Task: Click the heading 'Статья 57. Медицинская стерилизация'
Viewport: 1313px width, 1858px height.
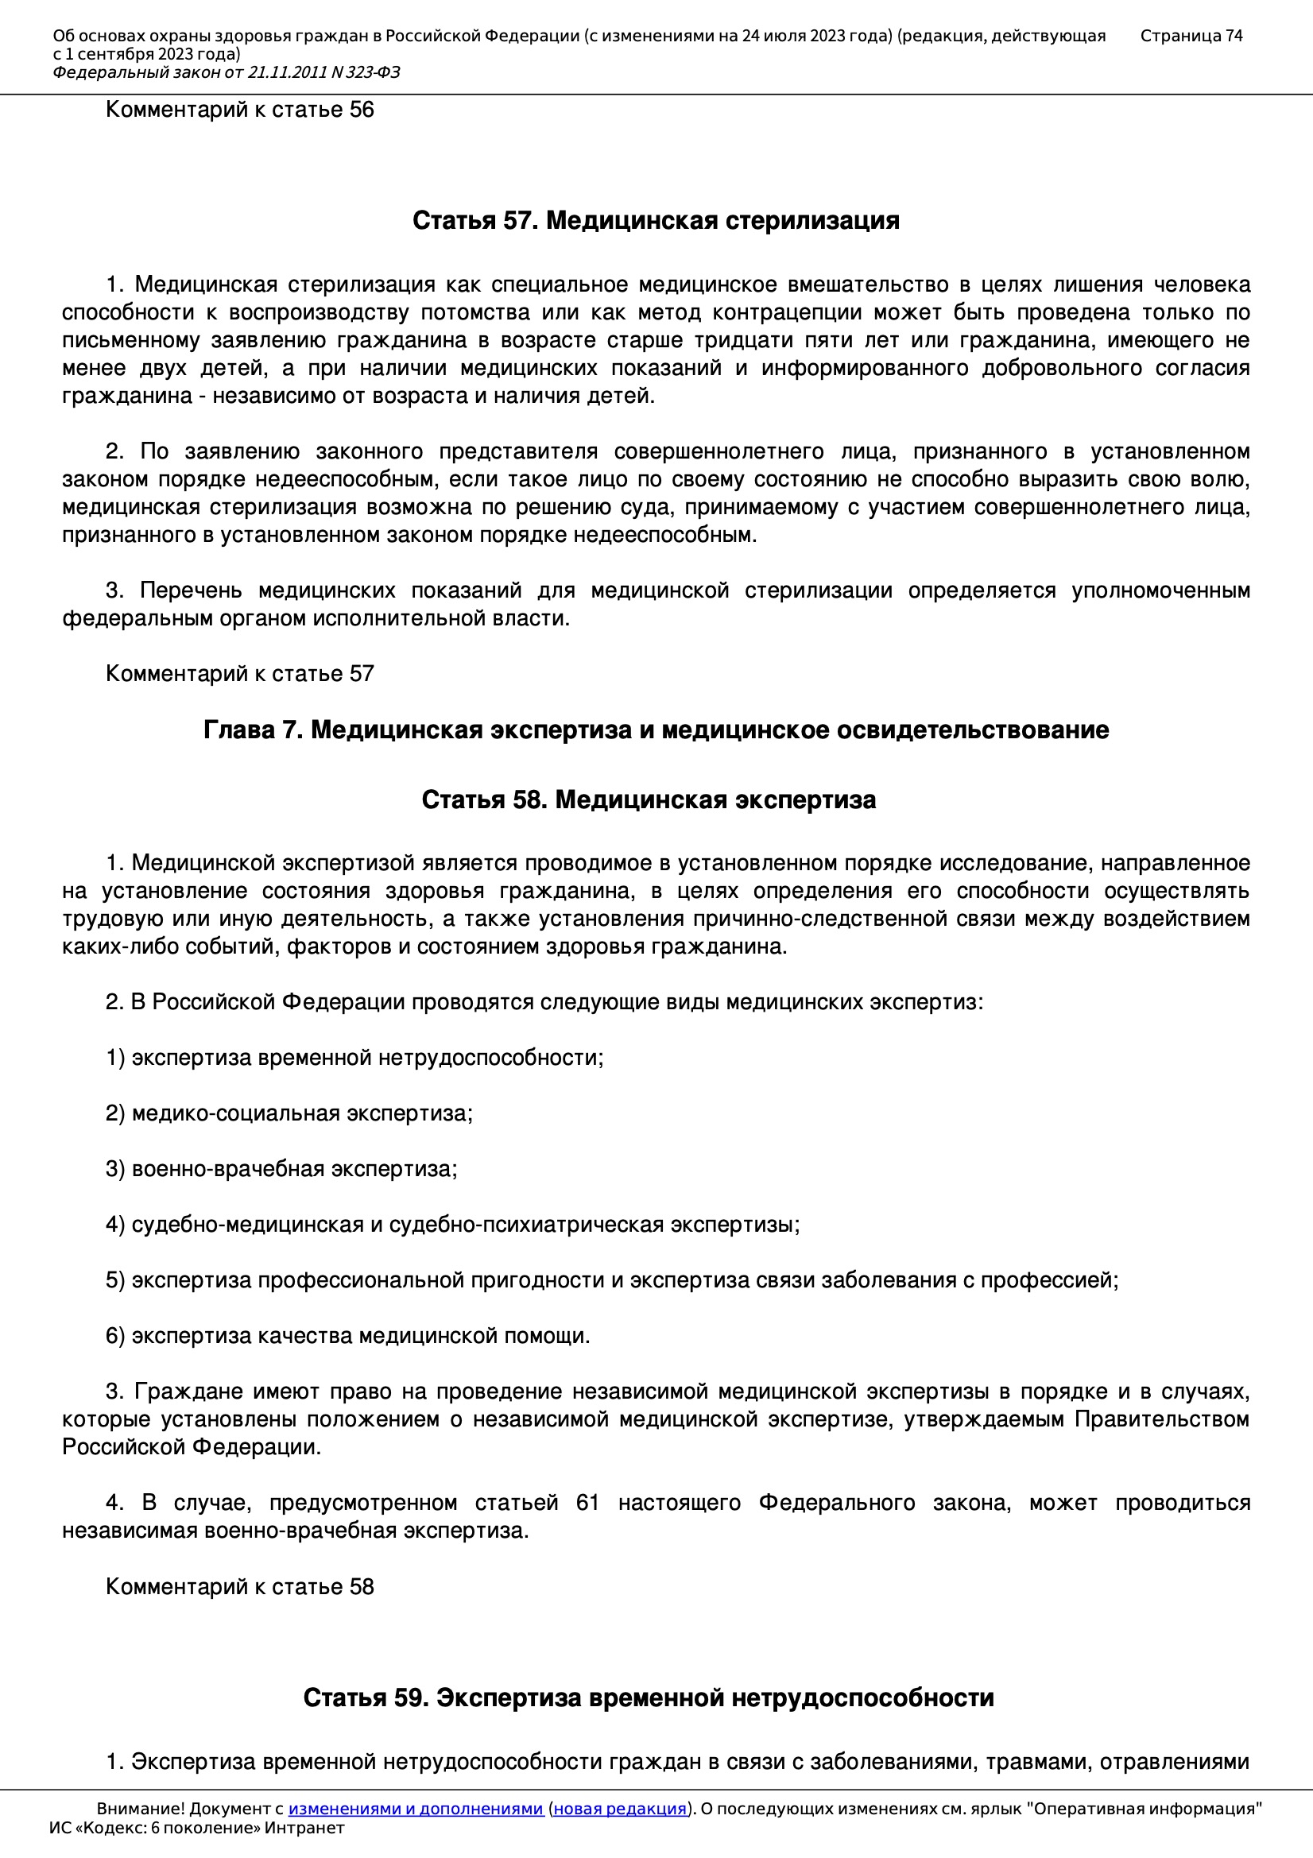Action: tap(656, 220)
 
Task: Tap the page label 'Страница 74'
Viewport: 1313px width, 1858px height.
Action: tap(1191, 36)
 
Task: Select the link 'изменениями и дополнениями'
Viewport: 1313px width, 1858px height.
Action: tap(415, 1809)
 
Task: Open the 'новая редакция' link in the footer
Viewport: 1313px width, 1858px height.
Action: tap(619, 1809)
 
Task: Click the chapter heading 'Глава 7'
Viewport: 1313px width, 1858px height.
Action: tap(656, 730)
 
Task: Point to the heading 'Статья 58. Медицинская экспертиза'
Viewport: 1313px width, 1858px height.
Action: tap(649, 799)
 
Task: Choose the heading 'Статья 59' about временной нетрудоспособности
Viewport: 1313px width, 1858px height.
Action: tap(649, 1697)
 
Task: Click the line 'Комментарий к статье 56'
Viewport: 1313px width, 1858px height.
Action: tap(239, 109)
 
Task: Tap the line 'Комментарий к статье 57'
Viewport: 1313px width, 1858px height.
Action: tap(239, 673)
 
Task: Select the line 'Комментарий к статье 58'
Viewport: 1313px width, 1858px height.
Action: tap(239, 1586)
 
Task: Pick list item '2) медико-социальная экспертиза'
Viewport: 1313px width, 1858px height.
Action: tap(289, 1113)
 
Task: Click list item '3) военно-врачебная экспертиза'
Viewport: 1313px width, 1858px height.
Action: tap(281, 1168)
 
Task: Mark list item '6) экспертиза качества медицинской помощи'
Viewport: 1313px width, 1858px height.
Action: tap(347, 1335)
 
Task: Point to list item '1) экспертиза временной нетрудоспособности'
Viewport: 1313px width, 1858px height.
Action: tap(354, 1058)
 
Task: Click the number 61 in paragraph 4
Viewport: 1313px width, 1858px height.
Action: tap(587, 1503)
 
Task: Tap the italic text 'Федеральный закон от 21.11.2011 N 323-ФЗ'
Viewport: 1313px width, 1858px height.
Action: tap(227, 73)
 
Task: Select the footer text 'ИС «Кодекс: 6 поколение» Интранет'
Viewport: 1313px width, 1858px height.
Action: tap(196, 1828)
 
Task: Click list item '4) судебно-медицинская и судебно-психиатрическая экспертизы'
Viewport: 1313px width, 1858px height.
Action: tap(452, 1225)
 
